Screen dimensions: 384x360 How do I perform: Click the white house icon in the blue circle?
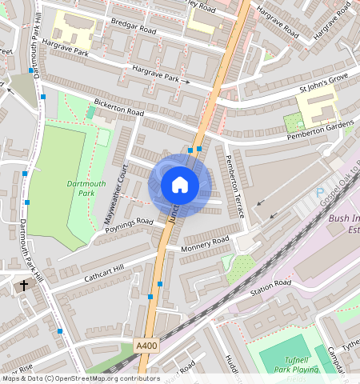coord(180,185)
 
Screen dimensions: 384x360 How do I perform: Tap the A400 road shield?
coord(145,346)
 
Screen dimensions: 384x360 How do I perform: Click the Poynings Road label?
coord(128,226)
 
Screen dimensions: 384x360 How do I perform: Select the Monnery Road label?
coord(205,243)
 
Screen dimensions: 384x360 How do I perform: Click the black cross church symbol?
coord(23,284)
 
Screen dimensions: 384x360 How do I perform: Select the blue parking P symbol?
coord(321,193)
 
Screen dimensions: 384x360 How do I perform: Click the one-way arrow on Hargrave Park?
coord(185,82)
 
